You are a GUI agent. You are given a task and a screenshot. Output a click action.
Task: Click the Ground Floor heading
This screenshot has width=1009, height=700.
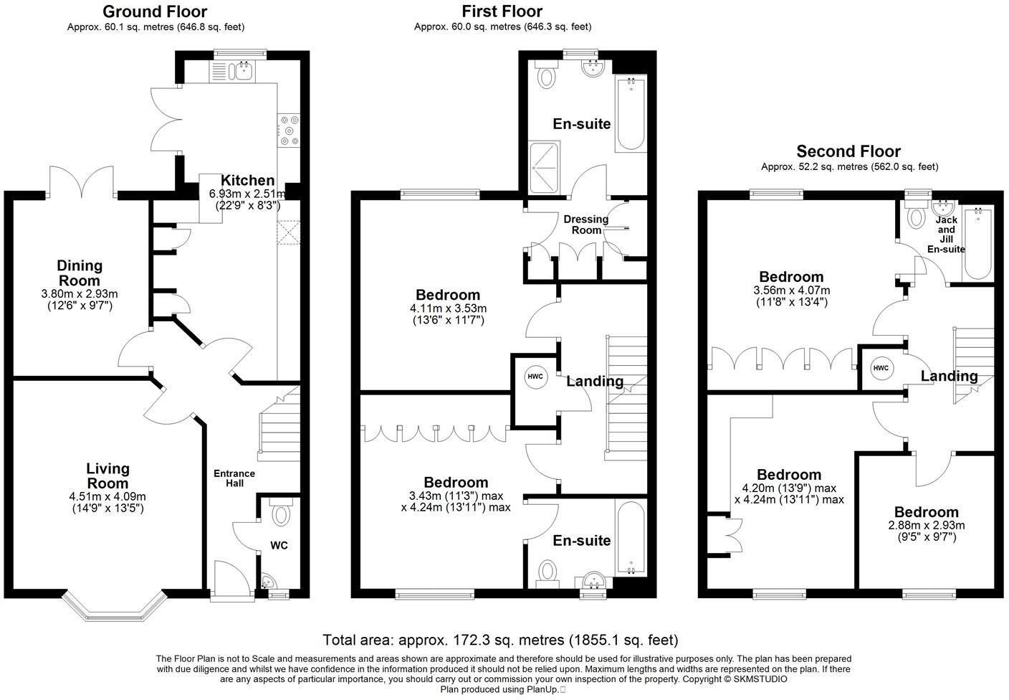[155, 11]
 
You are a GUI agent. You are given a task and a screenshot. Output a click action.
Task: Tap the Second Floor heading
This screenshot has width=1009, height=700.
[848, 151]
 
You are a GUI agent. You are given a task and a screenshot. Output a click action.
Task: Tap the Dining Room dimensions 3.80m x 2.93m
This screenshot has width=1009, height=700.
[80, 294]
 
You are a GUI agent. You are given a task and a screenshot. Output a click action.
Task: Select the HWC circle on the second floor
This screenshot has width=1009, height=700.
[881, 368]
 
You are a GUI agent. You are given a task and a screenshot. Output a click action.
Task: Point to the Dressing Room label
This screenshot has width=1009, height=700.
[586, 224]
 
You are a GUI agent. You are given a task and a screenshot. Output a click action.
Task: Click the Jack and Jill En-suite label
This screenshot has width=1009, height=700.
[946, 235]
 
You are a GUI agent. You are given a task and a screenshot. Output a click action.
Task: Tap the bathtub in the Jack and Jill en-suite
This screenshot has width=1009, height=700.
[978, 244]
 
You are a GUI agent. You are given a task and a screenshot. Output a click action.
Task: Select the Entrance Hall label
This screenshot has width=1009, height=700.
[234, 478]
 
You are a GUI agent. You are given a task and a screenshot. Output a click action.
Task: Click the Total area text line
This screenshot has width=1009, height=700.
[499, 640]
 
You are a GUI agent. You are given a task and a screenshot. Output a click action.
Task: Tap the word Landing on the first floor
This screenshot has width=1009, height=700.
[595, 381]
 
